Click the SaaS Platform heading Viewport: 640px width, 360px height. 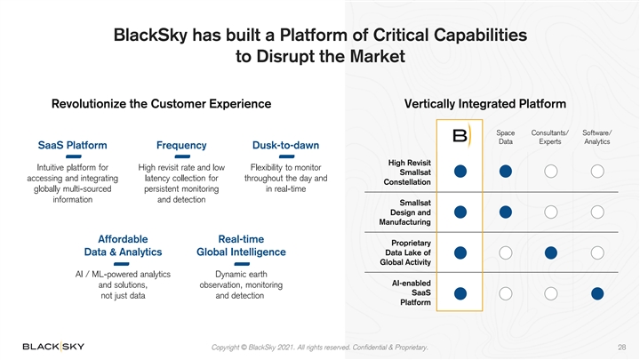[74, 146]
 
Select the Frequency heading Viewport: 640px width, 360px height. [181, 146]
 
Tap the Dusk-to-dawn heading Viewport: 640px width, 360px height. [286, 146]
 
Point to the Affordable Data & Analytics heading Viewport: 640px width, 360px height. [123, 244]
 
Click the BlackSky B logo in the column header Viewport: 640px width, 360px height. [460, 136]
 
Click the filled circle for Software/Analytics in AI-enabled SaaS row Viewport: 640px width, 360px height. [597, 293]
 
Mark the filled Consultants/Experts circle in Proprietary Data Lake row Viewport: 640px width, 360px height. [551, 253]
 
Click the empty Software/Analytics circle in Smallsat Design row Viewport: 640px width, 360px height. [597, 212]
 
